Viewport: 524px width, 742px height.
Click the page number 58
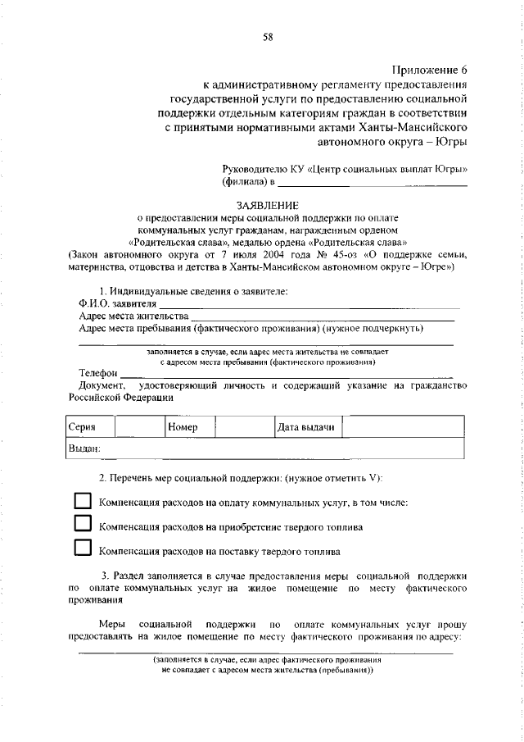click(268, 36)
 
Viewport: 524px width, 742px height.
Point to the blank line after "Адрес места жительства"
click(323, 318)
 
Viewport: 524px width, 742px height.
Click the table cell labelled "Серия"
click(89, 428)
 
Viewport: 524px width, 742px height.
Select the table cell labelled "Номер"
click(188, 428)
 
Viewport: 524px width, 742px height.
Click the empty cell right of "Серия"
click(138, 428)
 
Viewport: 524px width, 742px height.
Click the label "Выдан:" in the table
click(84, 449)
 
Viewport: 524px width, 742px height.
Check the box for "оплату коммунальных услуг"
click(83, 501)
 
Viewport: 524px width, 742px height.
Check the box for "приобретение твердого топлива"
click(83, 524)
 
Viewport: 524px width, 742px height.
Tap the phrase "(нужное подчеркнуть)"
click(373, 329)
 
